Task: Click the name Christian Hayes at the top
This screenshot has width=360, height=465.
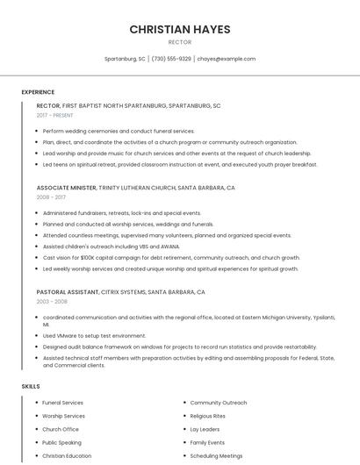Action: tap(180, 29)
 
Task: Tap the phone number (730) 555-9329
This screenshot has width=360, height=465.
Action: tap(171, 59)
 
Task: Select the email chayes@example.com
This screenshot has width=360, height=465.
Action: tap(226, 59)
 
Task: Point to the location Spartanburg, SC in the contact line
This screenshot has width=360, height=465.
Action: tap(125, 59)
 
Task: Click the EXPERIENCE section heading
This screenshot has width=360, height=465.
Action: tap(38, 91)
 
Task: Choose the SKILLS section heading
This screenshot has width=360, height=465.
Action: tap(31, 386)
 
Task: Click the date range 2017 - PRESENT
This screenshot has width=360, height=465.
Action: tap(55, 115)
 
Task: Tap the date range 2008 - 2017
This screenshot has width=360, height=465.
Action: tap(51, 197)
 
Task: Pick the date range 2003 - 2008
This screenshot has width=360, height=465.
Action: tap(52, 301)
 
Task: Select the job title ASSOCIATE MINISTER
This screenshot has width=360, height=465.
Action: tap(67, 188)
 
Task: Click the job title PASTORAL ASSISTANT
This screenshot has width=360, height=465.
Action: tap(67, 291)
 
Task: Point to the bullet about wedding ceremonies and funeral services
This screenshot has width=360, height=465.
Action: tap(119, 131)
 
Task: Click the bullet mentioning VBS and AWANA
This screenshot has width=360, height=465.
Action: tap(111, 247)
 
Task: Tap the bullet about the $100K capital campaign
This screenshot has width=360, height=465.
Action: tap(171, 258)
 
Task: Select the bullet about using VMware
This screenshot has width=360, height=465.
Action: tap(94, 335)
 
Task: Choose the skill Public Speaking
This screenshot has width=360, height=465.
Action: tap(62, 443)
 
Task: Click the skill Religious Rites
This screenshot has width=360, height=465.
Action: tap(208, 416)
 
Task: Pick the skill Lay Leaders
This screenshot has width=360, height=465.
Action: tap(205, 429)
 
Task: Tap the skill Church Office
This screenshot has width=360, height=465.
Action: tap(61, 429)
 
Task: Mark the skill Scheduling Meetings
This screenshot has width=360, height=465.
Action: tap(216, 456)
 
